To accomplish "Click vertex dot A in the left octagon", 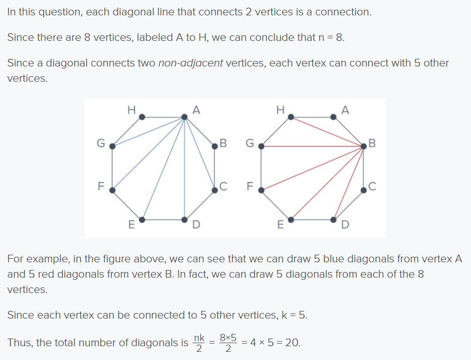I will (x=185, y=117).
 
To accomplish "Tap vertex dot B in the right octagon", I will (x=364, y=146).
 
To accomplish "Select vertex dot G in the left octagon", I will (x=113, y=146).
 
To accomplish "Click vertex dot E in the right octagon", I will (x=291, y=219).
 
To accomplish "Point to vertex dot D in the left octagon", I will (x=185, y=219).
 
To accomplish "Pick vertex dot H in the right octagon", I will (x=291, y=117).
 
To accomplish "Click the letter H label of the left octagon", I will (x=131, y=108).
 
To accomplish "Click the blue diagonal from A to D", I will (x=185, y=169).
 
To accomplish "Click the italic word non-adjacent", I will (x=191, y=63).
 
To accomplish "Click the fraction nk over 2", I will (x=199, y=343).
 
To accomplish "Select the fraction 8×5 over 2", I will (x=228, y=343).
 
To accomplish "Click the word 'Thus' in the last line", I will (x=18, y=342).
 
